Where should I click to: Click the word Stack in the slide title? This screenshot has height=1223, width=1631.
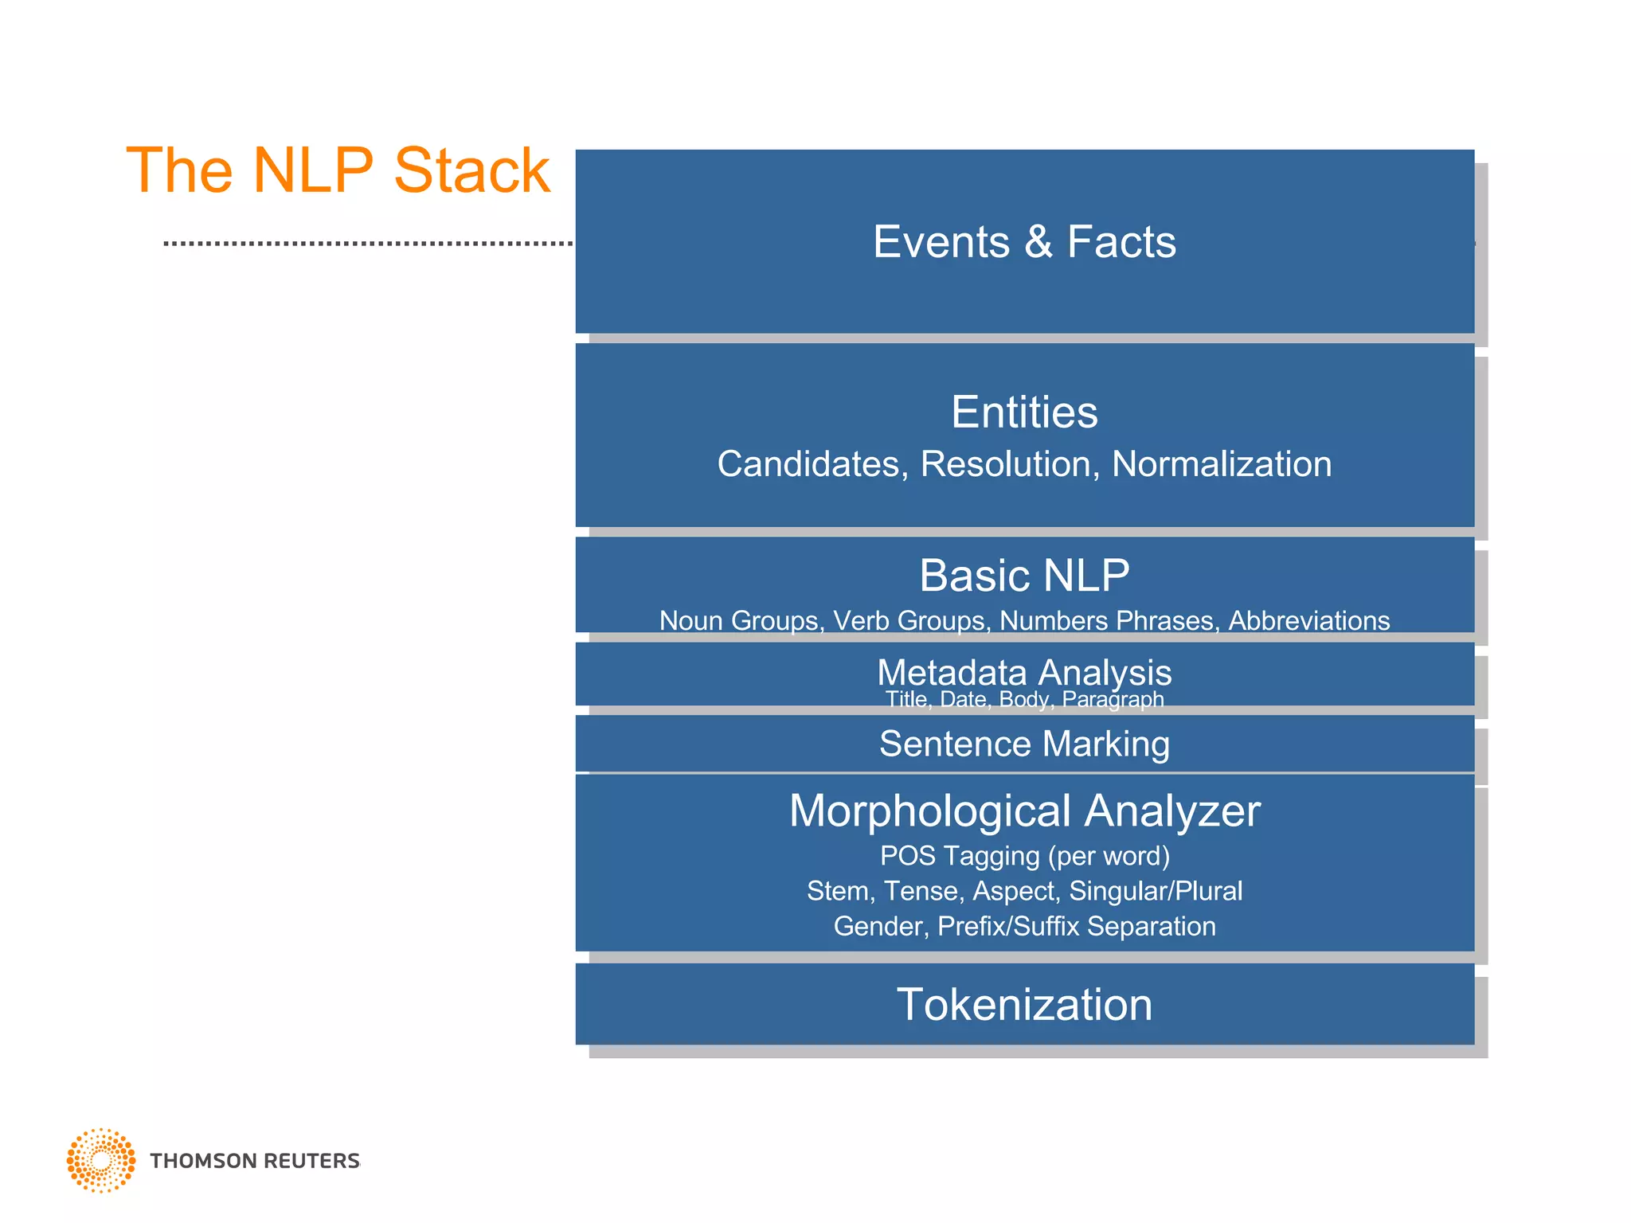pos(471,170)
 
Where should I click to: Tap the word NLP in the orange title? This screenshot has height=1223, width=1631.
pos(312,170)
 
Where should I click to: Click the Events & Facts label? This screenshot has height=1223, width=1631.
pos(1024,242)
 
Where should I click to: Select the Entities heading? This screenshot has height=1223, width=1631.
pos(1024,412)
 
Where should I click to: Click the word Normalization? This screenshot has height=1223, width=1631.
pos(1221,464)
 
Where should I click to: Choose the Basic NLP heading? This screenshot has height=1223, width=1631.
pos(1024,575)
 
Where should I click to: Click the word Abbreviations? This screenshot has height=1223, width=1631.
pos(1308,620)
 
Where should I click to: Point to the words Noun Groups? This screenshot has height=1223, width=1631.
pos(741,620)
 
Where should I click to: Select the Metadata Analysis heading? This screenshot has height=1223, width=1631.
pos(1024,673)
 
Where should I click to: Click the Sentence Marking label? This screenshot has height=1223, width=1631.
pos(1024,744)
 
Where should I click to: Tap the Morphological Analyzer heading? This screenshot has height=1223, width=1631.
pos(1024,811)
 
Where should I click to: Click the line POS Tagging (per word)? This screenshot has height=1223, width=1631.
pos(1024,856)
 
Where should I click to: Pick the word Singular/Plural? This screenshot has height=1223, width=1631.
pos(1155,891)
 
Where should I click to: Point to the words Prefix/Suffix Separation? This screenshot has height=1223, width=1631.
pos(1076,926)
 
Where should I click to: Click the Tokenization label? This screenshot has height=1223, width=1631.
pos(1024,1004)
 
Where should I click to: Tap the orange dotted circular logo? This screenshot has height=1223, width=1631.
pos(101,1160)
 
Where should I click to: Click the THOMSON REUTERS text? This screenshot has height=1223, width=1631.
pos(255,1161)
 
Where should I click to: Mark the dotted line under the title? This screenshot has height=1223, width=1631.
pos(366,243)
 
